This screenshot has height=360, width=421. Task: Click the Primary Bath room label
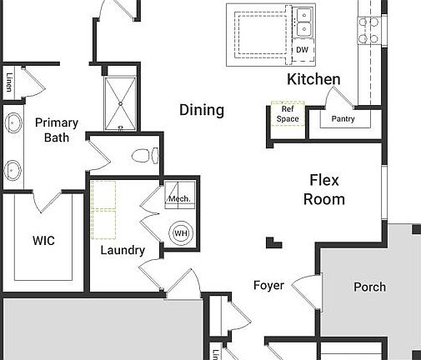57,129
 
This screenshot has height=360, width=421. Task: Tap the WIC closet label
43,241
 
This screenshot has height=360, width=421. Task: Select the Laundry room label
123,250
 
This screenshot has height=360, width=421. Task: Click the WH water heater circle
181,233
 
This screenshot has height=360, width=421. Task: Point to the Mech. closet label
180,199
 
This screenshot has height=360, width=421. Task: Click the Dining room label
202,110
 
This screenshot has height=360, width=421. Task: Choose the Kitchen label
313,80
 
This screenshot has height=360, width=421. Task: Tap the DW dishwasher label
302,50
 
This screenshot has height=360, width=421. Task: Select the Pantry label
343,119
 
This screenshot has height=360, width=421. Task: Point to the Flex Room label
324,190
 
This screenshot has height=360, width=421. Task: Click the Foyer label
268,286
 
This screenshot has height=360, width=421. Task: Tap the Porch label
369,287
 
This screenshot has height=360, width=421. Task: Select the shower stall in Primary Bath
122,102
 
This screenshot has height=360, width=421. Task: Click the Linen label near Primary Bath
9,83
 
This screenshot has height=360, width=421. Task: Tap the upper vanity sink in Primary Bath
13,124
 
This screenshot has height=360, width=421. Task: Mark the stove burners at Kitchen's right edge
368,30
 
